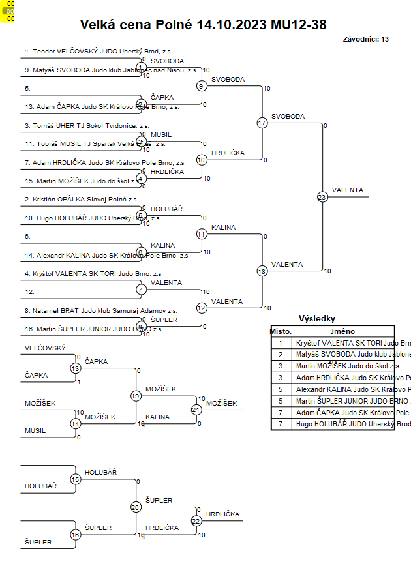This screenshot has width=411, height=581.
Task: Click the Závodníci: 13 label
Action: point(365,40)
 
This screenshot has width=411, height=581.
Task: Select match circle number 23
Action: point(322,196)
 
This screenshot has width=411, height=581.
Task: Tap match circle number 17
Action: point(262,123)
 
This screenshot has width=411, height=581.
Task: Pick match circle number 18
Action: point(262,271)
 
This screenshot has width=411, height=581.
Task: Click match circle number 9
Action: point(202,85)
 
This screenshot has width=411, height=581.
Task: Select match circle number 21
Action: point(196,410)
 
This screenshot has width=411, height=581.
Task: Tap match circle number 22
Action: point(196,520)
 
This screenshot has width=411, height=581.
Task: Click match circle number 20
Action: point(136,507)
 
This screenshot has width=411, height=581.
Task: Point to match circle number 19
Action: point(136,395)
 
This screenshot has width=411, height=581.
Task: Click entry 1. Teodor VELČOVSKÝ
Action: point(98,51)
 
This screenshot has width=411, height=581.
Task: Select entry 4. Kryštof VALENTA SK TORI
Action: point(93,274)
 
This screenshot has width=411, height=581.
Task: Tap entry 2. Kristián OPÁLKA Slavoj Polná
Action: point(81,200)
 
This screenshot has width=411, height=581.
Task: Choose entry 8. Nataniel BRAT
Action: point(100,311)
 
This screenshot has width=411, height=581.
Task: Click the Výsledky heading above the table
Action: point(316,319)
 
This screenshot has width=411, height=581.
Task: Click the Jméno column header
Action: point(342,331)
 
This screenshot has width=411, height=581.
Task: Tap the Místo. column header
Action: point(281,331)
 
